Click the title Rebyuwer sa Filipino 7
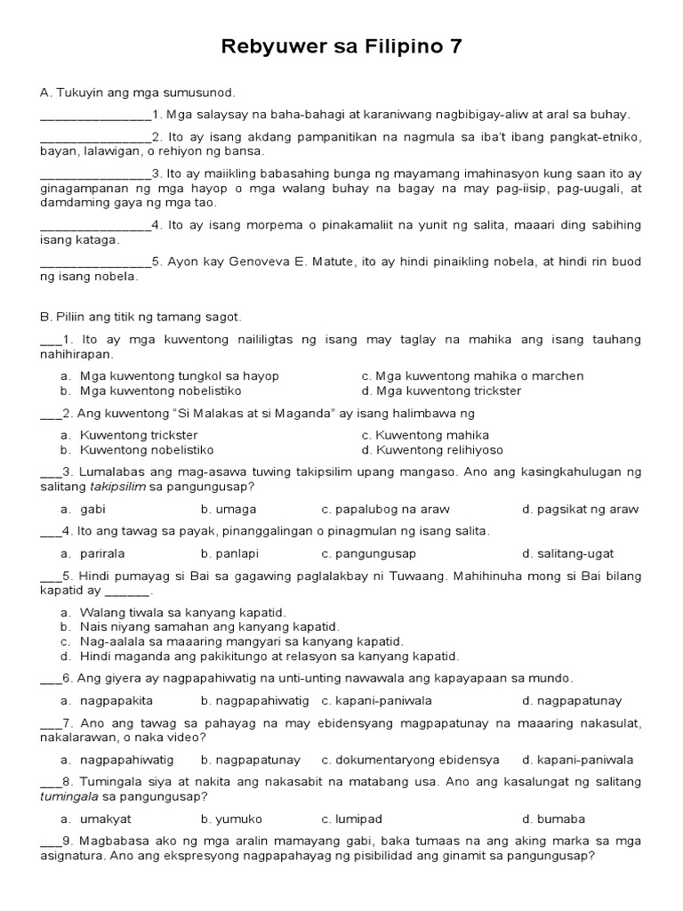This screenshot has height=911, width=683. [x=341, y=46]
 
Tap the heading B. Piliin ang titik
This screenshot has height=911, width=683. [x=141, y=317]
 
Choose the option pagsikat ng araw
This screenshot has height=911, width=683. [x=587, y=509]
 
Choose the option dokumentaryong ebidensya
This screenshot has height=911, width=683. [x=417, y=760]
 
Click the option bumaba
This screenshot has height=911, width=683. [x=560, y=818]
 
